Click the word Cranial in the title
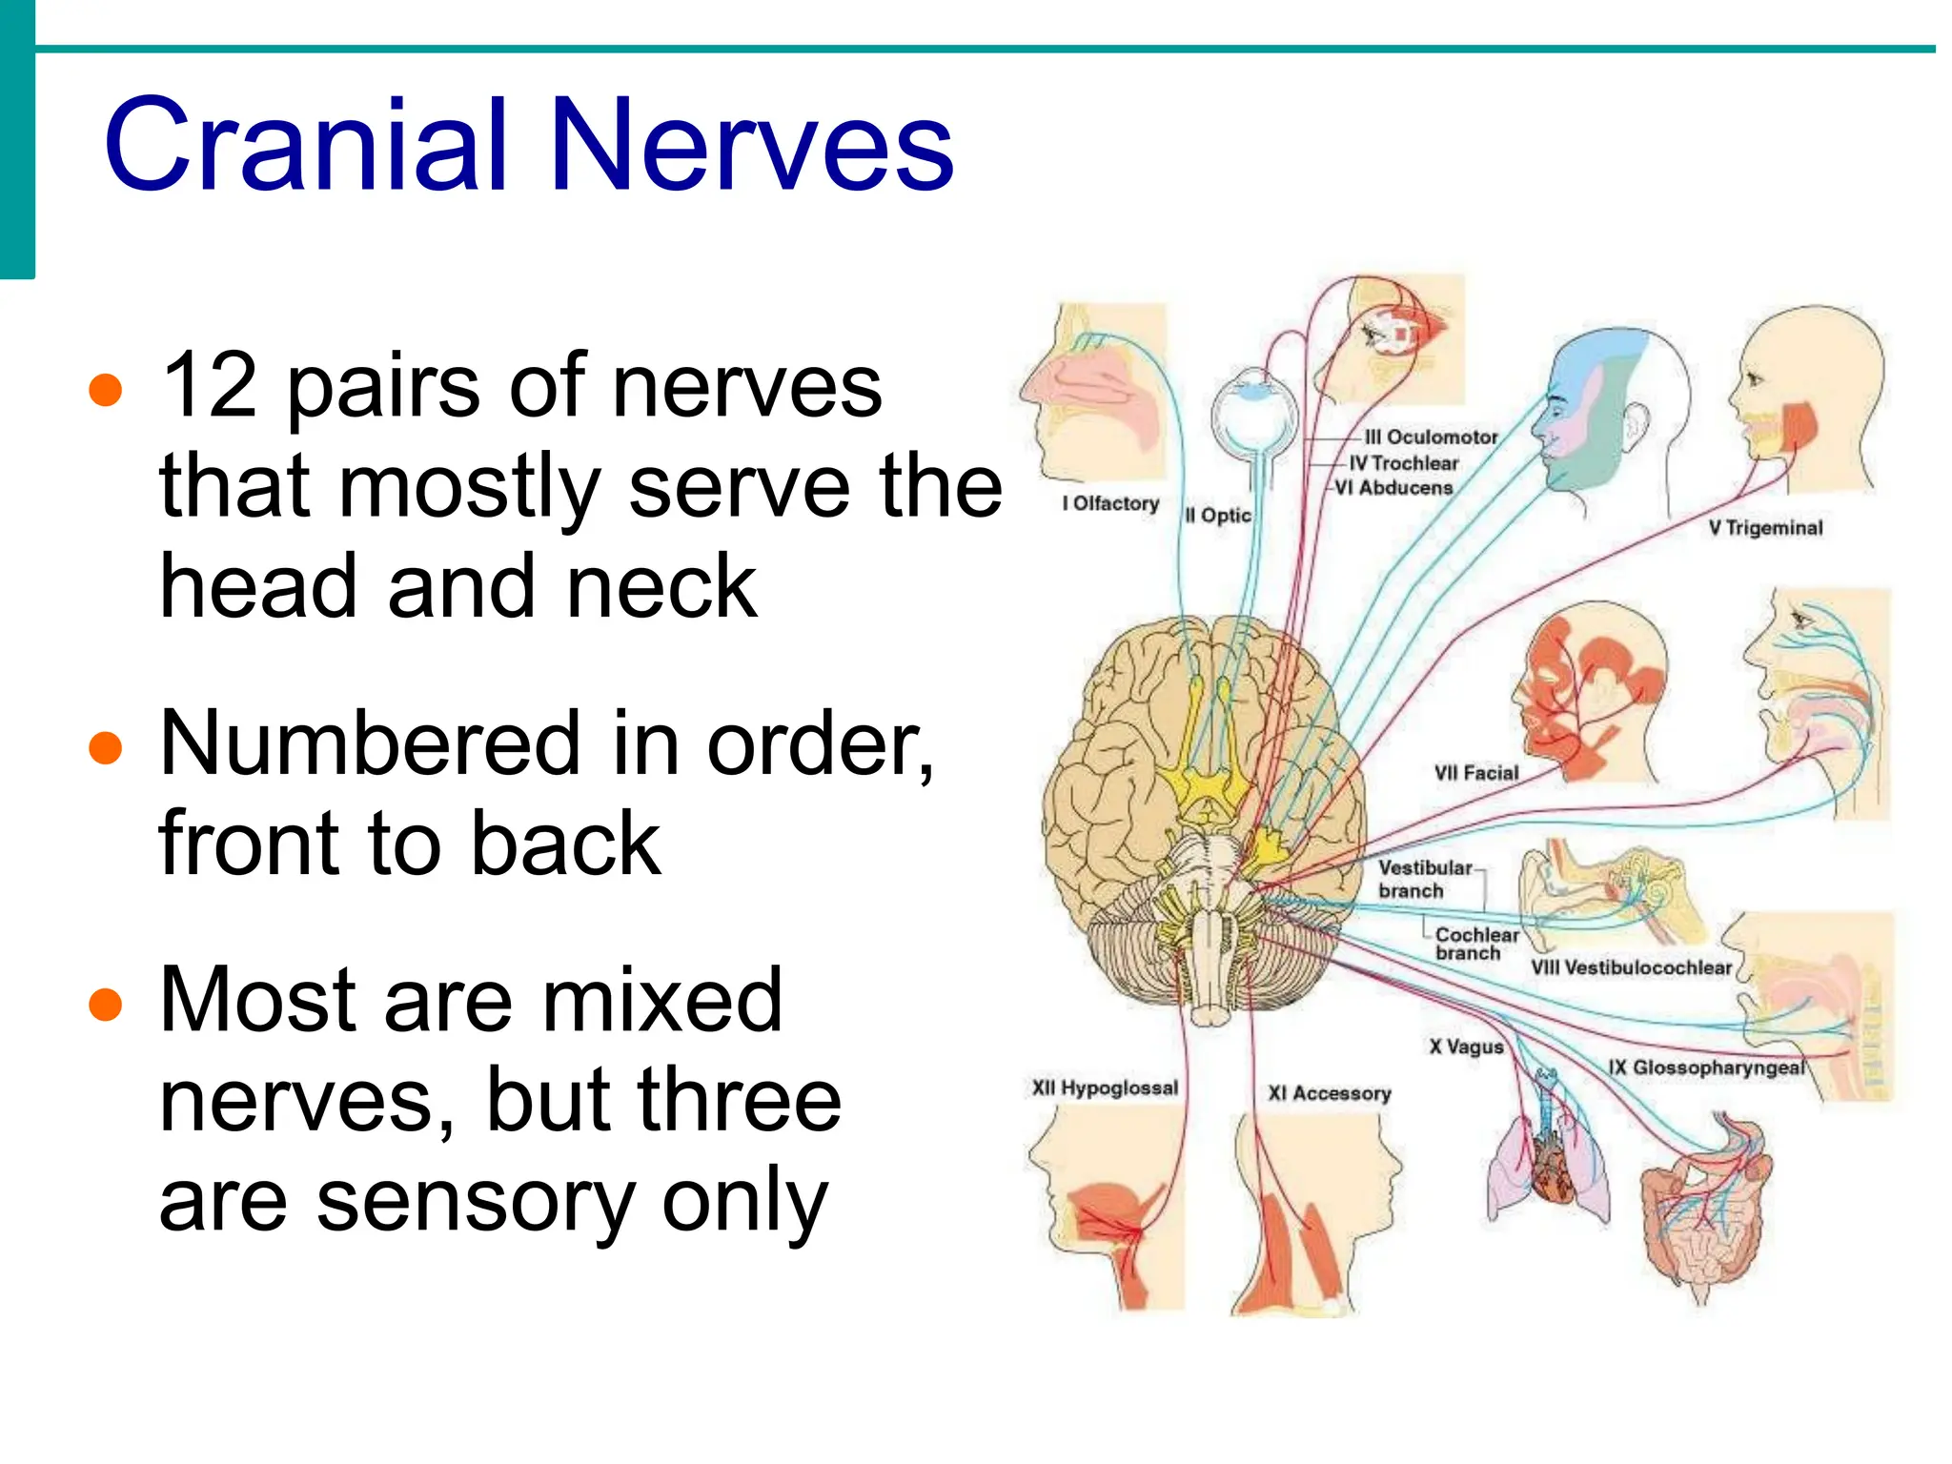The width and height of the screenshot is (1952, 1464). point(305,145)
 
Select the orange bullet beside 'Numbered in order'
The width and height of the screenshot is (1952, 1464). point(105,747)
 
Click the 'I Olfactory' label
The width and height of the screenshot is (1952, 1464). point(1110,503)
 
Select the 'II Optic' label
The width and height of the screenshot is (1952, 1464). point(1217,516)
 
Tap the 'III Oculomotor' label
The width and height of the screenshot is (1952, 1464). point(1431,437)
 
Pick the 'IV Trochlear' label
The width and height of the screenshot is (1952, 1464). point(1404,463)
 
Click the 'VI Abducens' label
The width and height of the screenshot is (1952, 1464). point(1393,488)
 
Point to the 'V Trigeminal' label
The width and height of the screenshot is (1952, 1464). point(1765,528)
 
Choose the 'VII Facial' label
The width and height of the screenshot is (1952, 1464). point(1476,773)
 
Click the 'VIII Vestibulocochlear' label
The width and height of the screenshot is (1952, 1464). point(1631,967)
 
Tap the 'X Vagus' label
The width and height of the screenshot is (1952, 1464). point(1466,1047)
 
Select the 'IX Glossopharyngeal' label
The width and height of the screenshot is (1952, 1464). point(1706,1067)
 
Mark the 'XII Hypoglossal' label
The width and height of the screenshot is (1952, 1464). point(1105,1088)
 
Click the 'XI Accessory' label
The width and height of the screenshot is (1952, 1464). point(1329,1093)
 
